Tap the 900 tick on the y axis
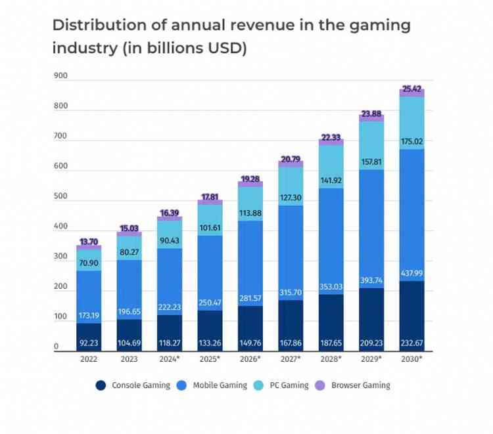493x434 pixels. (x=60, y=76)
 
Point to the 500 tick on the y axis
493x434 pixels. (x=60, y=196)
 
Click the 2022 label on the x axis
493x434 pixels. (x=88, y=360)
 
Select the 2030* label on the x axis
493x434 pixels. (x=411, y=360)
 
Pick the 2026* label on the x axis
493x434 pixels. (x=250, y=360)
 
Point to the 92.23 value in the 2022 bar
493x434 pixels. (x=88, y=341)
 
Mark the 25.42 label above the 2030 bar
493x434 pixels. (x=411, y=87)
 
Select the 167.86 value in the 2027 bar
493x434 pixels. (x=291, y=341)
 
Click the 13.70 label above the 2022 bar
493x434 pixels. (x=88, y=242)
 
